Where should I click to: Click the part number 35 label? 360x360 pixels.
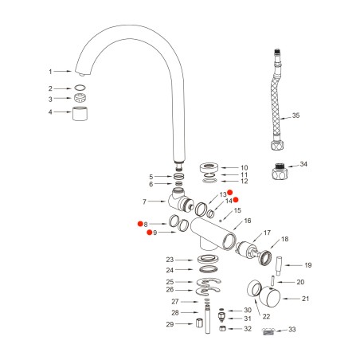[296, 115]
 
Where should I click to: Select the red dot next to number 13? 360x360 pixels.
[229, 193]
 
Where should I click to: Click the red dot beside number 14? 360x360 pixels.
[237, 201]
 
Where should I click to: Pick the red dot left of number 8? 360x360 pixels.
[139, 224]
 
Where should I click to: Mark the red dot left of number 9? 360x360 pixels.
[149, 233]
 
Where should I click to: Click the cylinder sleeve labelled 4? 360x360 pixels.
[80, 113]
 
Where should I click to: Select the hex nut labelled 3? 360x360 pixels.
[80, 98]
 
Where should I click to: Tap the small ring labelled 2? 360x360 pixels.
[80, 88]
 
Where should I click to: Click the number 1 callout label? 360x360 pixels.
[49, 71]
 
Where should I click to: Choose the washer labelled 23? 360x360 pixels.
[205, 260]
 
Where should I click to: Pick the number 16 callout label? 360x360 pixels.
[247, 221]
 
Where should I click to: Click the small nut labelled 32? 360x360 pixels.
[226, 328]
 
